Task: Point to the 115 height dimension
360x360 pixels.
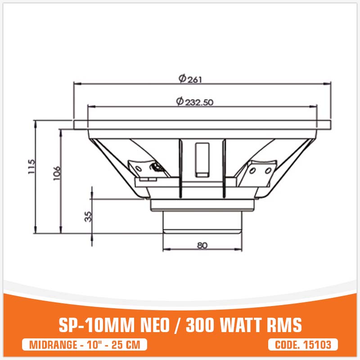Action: pos(30,168)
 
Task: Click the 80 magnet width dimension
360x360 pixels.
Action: pos(202,245)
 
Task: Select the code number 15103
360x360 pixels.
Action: pos(318,345)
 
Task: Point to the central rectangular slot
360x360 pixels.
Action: pos(202,157)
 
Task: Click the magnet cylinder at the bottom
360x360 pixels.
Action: pos(202,223)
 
